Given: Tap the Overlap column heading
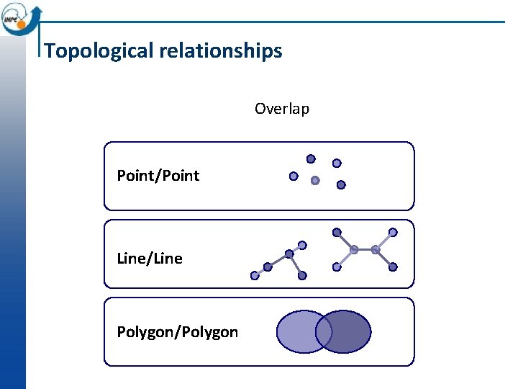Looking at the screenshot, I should pos(282,109).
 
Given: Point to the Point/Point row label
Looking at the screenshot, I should pos(158,176).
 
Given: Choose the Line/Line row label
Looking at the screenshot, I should pos(150,259).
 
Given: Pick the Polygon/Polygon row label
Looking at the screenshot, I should pos(178,332).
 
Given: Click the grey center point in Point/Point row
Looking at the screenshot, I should pos(314,181).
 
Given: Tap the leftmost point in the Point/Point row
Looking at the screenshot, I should pos(294,176).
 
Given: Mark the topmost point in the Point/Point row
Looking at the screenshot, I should pos(311,158).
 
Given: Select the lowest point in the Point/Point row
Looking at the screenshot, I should pos(341,184).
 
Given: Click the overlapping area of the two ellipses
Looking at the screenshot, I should pos(324,332).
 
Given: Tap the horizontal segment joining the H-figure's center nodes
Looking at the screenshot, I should pos(365,249).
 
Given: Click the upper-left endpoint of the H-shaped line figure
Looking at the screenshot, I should pos(337,232).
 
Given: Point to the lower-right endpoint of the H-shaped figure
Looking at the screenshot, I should pos(393,267).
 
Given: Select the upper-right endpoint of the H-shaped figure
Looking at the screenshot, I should pos(393,232).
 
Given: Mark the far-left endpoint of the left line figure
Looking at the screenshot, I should pos(255,275).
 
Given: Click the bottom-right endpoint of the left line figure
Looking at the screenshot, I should pos(302,275).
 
